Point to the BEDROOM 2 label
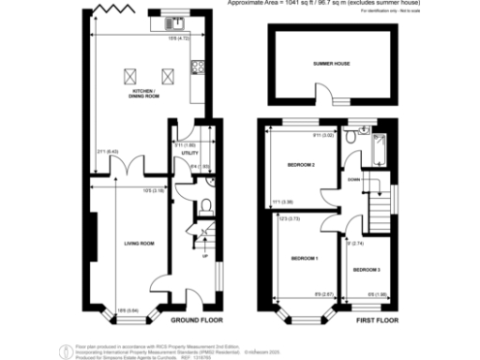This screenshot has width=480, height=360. (300, 164)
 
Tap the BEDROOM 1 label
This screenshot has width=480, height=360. (303, 258)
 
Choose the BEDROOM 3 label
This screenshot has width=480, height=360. (367, 269)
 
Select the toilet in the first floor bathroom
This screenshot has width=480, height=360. (349, 136)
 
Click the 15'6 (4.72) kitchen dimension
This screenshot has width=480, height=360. (174, 38)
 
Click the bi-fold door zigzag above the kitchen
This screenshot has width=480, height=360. (105, 10)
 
